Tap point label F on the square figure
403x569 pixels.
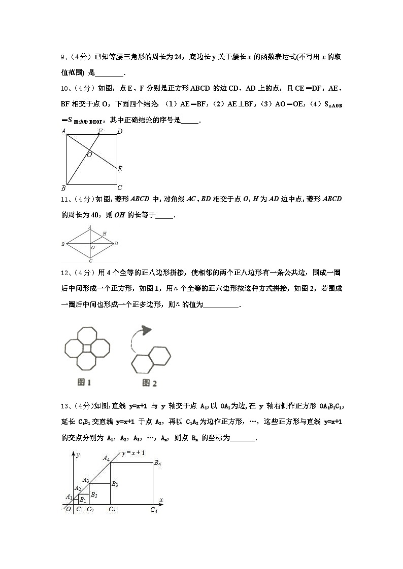[100, 131]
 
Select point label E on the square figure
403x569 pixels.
[120, 169]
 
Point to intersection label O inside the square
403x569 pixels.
[89, 155]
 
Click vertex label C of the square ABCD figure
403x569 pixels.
[120, 187]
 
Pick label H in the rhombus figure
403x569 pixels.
[104, 234]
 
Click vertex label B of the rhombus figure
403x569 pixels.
[63, 244]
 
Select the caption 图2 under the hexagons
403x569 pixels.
[149, 383]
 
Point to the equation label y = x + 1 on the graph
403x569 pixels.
[132, 452]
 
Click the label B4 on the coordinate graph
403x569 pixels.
[158, 463]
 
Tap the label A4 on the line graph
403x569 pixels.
[106, 458]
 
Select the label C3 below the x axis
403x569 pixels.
[112, 510]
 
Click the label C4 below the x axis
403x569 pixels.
[154, 510]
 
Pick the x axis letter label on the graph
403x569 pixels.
[161, 500]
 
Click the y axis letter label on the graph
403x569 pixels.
[77, 455]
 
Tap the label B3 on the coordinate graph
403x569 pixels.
[115, 484]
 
